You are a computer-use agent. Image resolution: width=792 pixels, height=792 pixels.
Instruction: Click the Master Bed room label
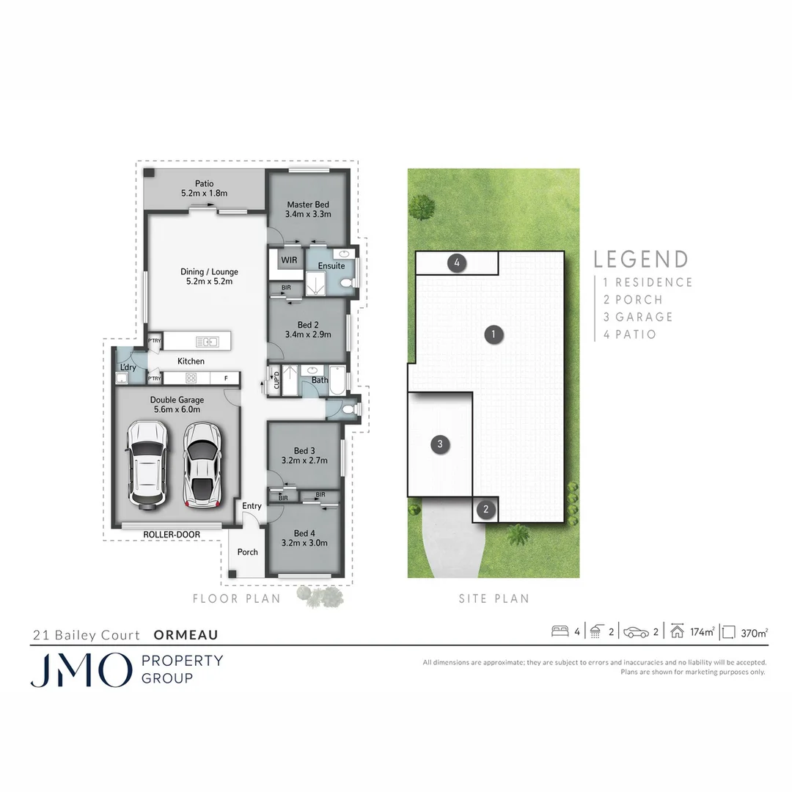point(308,210)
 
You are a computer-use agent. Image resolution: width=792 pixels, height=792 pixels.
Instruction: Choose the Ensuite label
point(331,265)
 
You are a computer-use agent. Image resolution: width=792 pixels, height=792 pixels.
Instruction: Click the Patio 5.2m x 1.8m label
point(204,188)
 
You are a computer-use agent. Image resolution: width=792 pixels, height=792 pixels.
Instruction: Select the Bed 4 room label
point(304,538)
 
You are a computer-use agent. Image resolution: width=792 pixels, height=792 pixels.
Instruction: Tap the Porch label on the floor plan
point(247,551)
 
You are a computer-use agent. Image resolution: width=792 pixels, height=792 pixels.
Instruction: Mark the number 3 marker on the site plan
point(439,444)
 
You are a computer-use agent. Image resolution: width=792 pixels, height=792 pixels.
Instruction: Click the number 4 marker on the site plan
point(457,262)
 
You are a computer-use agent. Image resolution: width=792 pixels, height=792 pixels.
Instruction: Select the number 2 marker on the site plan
point(485,509)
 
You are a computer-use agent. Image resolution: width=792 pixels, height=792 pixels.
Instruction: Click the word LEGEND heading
point(641,260)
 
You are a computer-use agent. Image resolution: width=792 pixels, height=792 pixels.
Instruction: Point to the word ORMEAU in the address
point(186,635)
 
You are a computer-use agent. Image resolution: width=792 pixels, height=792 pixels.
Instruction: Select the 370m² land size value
point(754,631)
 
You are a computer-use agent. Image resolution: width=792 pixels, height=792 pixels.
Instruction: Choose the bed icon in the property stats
point(560,631)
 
